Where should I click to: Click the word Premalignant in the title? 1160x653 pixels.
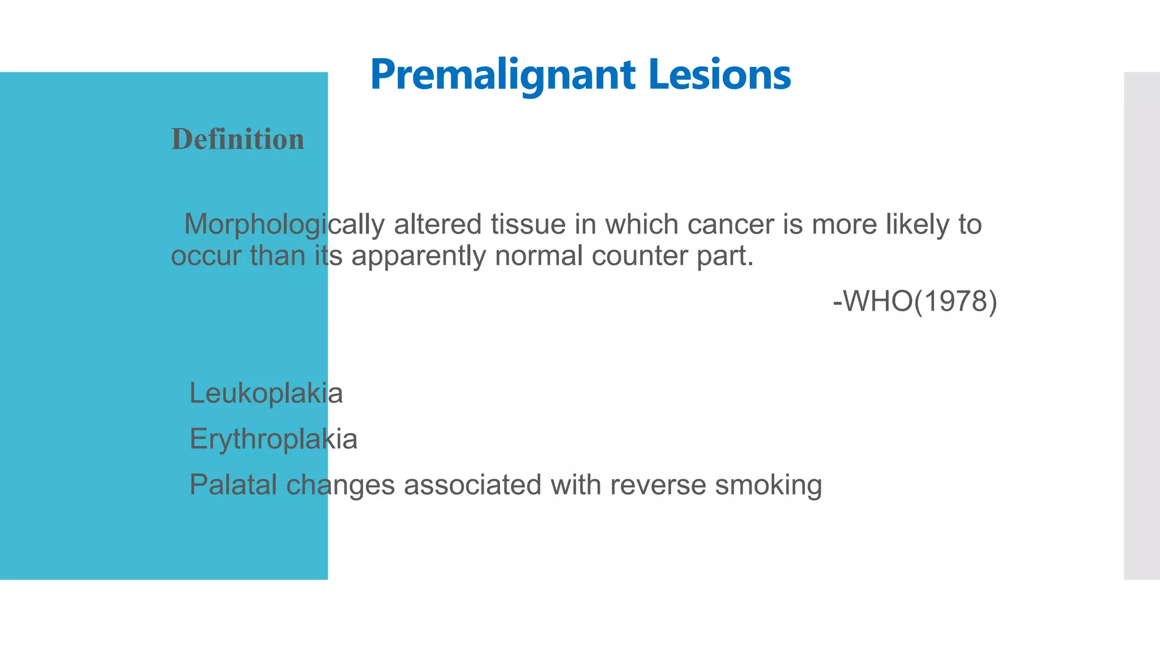click(503, 75)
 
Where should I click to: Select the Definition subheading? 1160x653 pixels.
click(238, 139)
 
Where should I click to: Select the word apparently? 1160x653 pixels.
click(419, 256)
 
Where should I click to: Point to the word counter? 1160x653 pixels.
click(639, 256)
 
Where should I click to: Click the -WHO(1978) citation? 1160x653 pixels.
click(915, 301)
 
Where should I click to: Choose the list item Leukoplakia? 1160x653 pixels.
click(266, 393)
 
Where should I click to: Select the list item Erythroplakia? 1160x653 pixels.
click(273, 439)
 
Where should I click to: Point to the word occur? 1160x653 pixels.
click(206, 256)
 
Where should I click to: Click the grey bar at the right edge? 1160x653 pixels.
click(1142, 326)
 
